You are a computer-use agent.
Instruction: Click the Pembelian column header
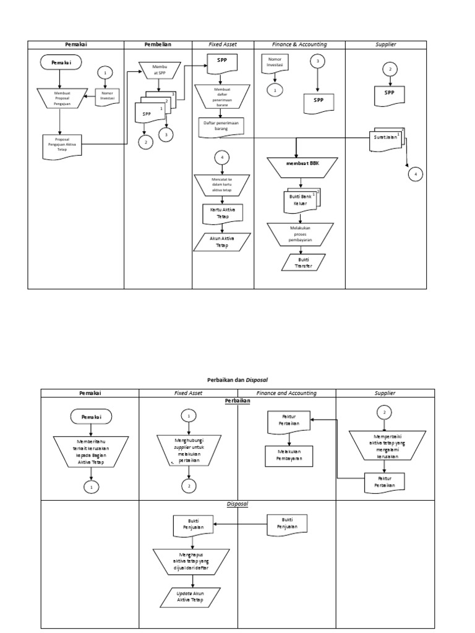(158, 45)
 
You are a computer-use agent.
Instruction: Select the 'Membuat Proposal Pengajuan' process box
(59, 97)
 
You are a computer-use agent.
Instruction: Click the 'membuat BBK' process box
(302, 168)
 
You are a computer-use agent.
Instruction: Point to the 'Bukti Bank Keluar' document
(299, 200)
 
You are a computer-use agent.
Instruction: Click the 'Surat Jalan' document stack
(385, 137)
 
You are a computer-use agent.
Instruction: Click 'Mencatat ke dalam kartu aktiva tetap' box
(223, 185)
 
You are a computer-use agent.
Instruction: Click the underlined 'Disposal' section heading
(237, 504)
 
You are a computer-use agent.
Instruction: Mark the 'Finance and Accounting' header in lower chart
(286, 393)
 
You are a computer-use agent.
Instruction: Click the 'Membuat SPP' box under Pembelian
(160, 70)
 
